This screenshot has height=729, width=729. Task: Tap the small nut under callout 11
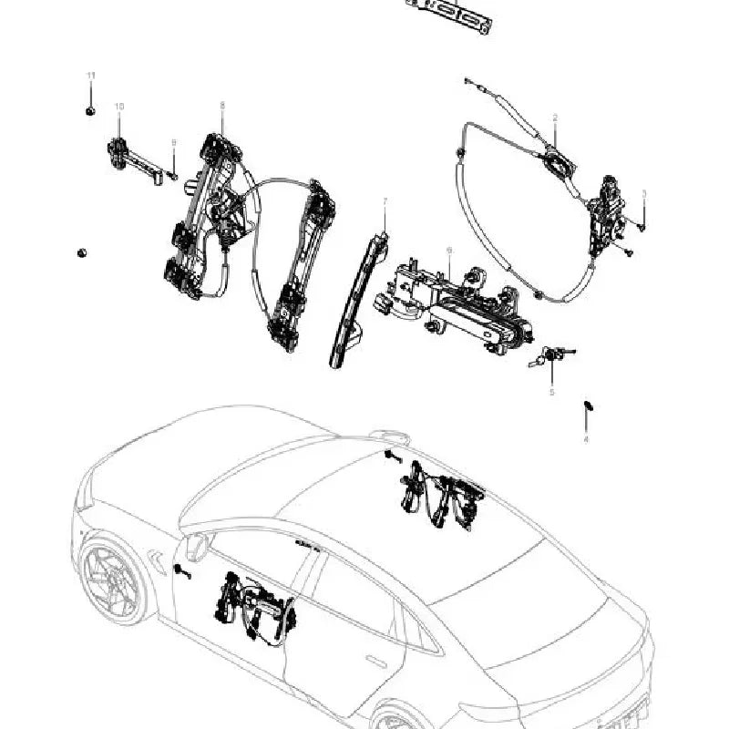point(90,111)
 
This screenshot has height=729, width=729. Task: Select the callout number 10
point(118,107)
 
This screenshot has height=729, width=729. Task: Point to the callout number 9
point(173,142)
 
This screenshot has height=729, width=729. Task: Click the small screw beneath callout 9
point(173,175)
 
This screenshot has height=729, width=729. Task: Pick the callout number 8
point(221,106)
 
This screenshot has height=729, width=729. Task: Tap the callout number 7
point(385,200)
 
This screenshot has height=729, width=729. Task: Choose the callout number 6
point(449,249)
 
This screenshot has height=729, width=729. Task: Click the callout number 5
point(551,392)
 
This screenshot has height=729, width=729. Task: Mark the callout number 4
point(586,439)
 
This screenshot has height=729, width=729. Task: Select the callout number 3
point(644,193)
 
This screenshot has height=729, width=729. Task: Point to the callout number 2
point(555,118)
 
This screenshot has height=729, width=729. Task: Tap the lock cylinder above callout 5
point(550,355)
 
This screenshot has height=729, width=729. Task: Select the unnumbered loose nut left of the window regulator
point(82,252)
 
